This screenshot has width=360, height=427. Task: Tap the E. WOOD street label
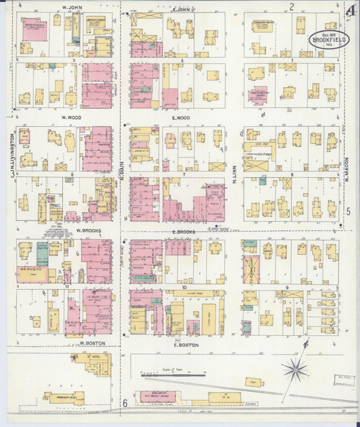[x=180, y=118]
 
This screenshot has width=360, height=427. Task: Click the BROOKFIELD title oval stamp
[x=328, y=39]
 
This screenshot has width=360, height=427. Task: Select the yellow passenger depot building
[x=63, y=398]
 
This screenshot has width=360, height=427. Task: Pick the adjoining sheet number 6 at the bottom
[x=125, y=403]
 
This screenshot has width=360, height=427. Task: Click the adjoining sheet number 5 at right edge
[x=349, y=211]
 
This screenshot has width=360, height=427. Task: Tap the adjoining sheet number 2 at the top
[x=292, y=7]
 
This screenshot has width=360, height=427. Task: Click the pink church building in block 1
[x=257, y=95]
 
